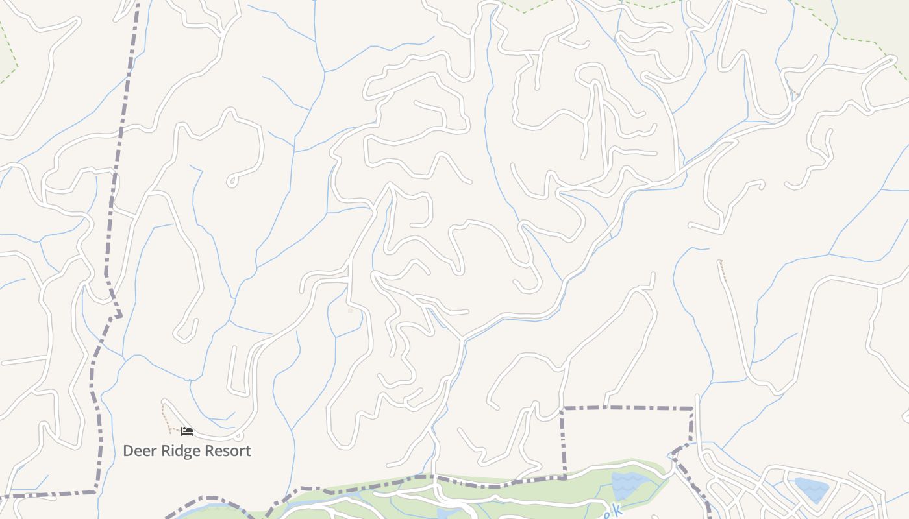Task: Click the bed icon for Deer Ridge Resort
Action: tap(187, 431)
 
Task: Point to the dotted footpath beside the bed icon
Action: tap(166, 415)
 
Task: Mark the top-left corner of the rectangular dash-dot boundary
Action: tap(562, 409)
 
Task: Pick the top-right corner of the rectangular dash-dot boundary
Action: tap(692, 409)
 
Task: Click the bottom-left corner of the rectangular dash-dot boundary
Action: tap(564, 477)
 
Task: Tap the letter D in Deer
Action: tap(128, 451)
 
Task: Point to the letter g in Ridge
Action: tap(184, 452)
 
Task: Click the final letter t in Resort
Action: tap(247, 451)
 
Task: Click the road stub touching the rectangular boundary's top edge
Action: tap(607, 401)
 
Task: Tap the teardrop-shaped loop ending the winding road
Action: tap(232, 181)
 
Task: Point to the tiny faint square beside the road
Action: tap(351, 311)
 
